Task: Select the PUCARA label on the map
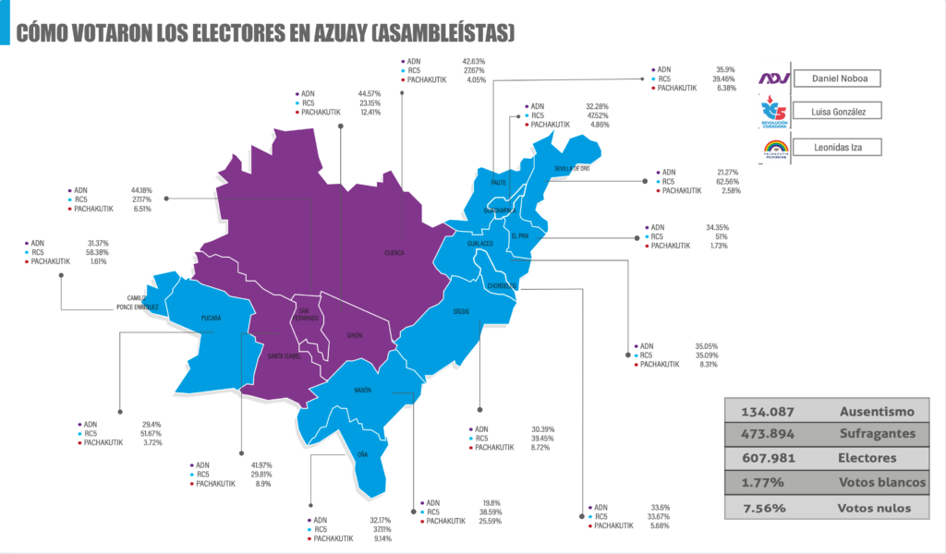[x=211, y=319]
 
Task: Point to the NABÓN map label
[x=363, y=391]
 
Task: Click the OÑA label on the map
[x=362, y=454]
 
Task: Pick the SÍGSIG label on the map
[x=461, y=311]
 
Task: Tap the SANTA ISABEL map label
[x=284, y=356]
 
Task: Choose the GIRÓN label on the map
[x=355, y=336]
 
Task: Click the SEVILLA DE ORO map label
[x=572, y=169]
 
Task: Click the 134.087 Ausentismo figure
[x=761, y=412]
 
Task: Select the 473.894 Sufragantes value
[x=761, y=435]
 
